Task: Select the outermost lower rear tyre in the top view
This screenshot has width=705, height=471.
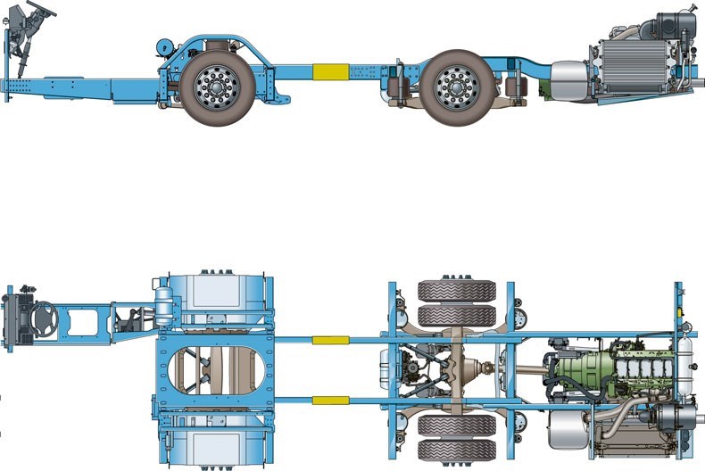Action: [457, 450]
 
